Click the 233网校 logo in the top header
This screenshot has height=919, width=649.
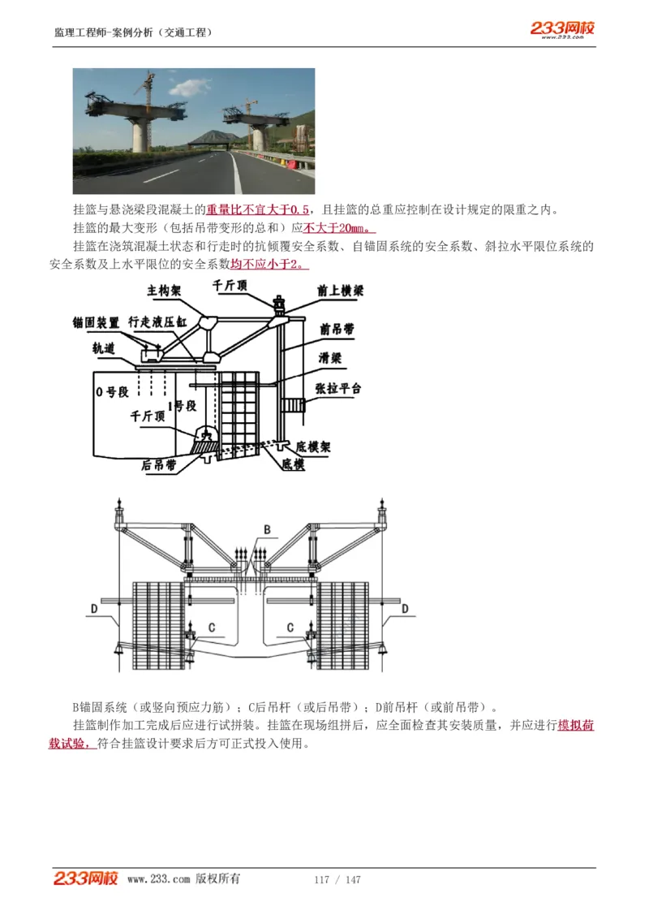[x=562, y=29]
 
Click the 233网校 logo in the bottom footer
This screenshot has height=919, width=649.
[x=86, y=878]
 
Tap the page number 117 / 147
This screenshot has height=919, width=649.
[x=337, y=880]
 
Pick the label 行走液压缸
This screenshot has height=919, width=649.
[x=157, y=322]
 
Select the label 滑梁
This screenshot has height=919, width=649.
[x=330, y=356]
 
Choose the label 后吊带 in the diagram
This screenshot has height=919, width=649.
[x=158, y=465]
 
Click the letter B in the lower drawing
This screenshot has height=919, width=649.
[x=266, y=530]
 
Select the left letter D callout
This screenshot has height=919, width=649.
[x=94, y=607]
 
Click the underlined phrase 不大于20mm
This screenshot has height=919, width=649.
[x=337, y=228]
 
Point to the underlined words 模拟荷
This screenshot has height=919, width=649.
[x=576, y=725]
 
